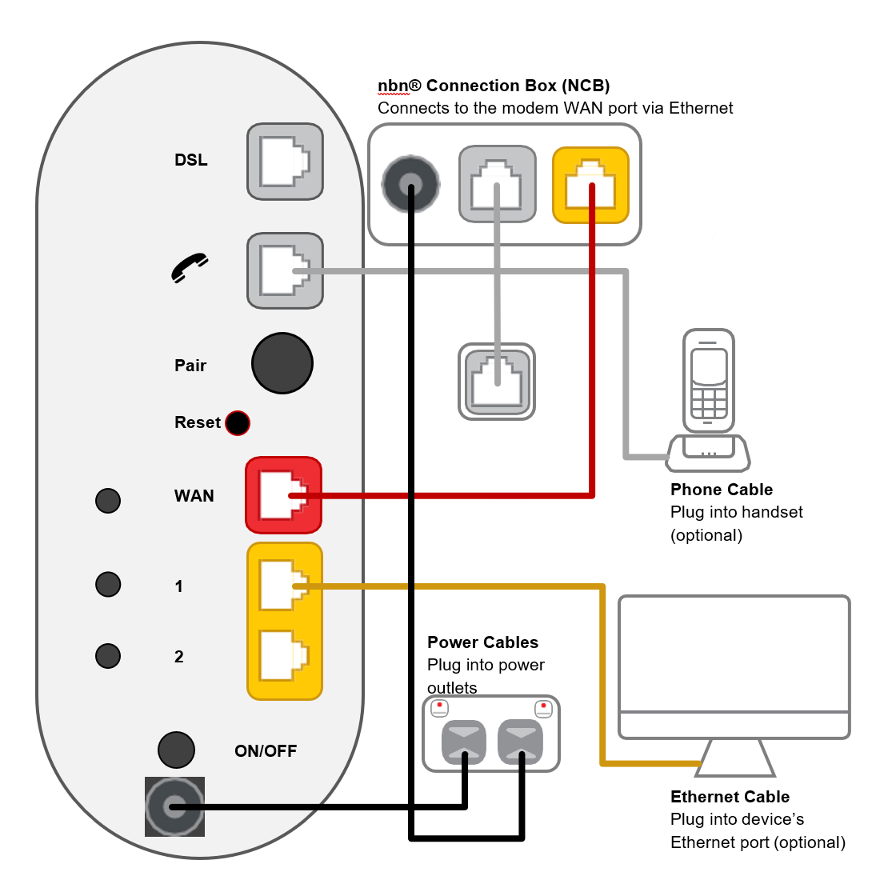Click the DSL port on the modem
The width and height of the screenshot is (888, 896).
[x=285, y=162]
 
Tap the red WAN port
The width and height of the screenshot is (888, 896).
[x=283, y=495]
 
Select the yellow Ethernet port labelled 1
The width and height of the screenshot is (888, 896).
[x=284, y=585]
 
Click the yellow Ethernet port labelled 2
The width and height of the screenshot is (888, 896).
[x=284, y=656]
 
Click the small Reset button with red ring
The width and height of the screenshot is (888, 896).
[x=238, y=422]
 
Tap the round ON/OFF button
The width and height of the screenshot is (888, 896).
[x=176, y=750]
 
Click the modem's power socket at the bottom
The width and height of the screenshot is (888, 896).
[x=174, y=806]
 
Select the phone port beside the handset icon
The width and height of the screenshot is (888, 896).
[x=285, y=271]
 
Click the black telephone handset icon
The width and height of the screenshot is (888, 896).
[x=190, y=268]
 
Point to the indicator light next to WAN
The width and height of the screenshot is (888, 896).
[x=108, y=501]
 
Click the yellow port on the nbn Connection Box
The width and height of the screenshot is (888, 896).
[x=590, y=185]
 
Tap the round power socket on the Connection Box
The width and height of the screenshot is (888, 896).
[x=410, y=184]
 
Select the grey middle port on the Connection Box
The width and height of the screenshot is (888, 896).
[x=497, y=184]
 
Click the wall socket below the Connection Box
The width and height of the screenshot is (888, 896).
[x=496, y=382]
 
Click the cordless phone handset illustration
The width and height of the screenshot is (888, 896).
[x=709, y=384]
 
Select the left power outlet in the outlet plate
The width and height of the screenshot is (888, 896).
[x=464, y=742]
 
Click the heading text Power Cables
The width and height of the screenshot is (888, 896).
[x=482, y=642]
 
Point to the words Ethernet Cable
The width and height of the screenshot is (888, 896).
[x=730, y=797]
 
